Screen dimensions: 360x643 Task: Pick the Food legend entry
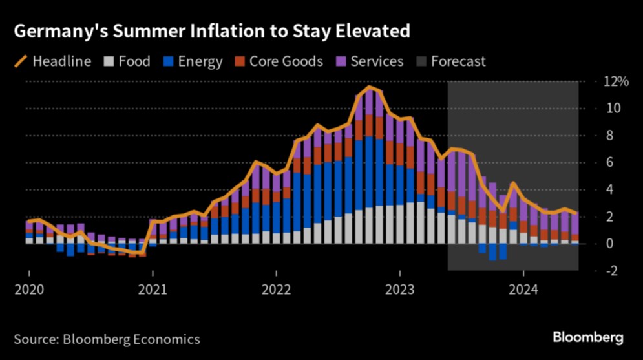tap(134, 62)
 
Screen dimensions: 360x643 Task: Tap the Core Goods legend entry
tap(286, 62)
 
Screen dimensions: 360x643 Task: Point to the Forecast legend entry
tap(458, 62)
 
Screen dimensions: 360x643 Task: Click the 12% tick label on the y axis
tap(616, 81)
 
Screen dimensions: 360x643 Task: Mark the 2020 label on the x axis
tap(29, 290)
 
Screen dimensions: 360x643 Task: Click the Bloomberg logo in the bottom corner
tap(587, 337)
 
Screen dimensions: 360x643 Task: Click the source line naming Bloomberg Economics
tap(107, 339)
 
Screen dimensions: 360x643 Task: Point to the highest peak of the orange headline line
tap(369, 87)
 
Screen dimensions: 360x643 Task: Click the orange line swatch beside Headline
tap(20, 62)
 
